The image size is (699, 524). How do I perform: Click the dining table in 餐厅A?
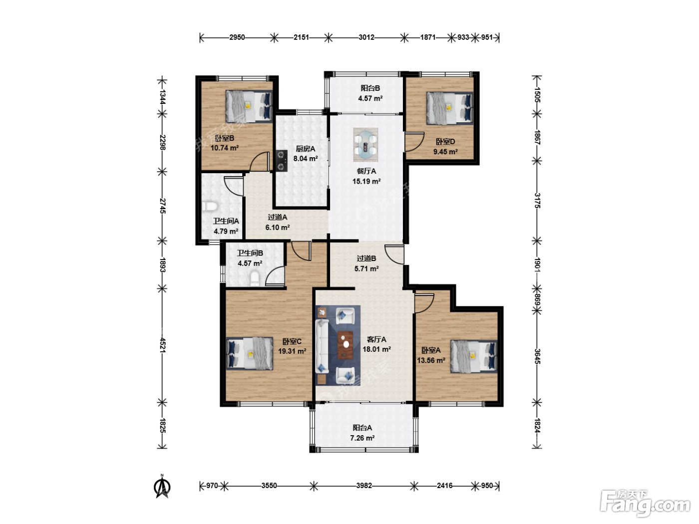pyautogui.click(x=365, y=145)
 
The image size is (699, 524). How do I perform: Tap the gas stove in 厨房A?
pyautogui.click(x=281, y=161)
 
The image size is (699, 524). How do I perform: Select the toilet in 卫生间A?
pyautogui.click(x=210, y=207)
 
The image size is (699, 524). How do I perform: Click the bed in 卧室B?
pyautogui.click(x=249, y=106)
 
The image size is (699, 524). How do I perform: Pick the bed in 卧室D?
pyautogui.click(x=450, y=108)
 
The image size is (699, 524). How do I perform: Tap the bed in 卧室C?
pyautogui.click(x=250, y=353)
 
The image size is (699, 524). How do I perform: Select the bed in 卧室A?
pyautogui.click(x=474, y=356)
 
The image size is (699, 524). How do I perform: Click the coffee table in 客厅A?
pyautogui.click(x=345, y=345)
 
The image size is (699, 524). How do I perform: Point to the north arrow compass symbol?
pyautogui.click(x=162, y=486)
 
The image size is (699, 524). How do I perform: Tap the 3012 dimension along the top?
pyautogui.click(x=366, y=37)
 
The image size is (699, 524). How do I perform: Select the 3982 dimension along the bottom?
pyautogui.click(x=364, y=486)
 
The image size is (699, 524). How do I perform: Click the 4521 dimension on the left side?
pyautogui.click(x=162, y=345)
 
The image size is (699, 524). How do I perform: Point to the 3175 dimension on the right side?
pyautogui.click(x=537, y=201)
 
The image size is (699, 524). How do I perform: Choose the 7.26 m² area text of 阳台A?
pyautogui.click(x=362, y=438)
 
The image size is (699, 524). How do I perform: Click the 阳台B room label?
pyautogui.click(x=370, y=88)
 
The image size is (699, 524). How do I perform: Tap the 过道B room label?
pyautogui.click(x=366, y=259)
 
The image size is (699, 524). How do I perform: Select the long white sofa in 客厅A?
pyautogui.click(x=322, y=346)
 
